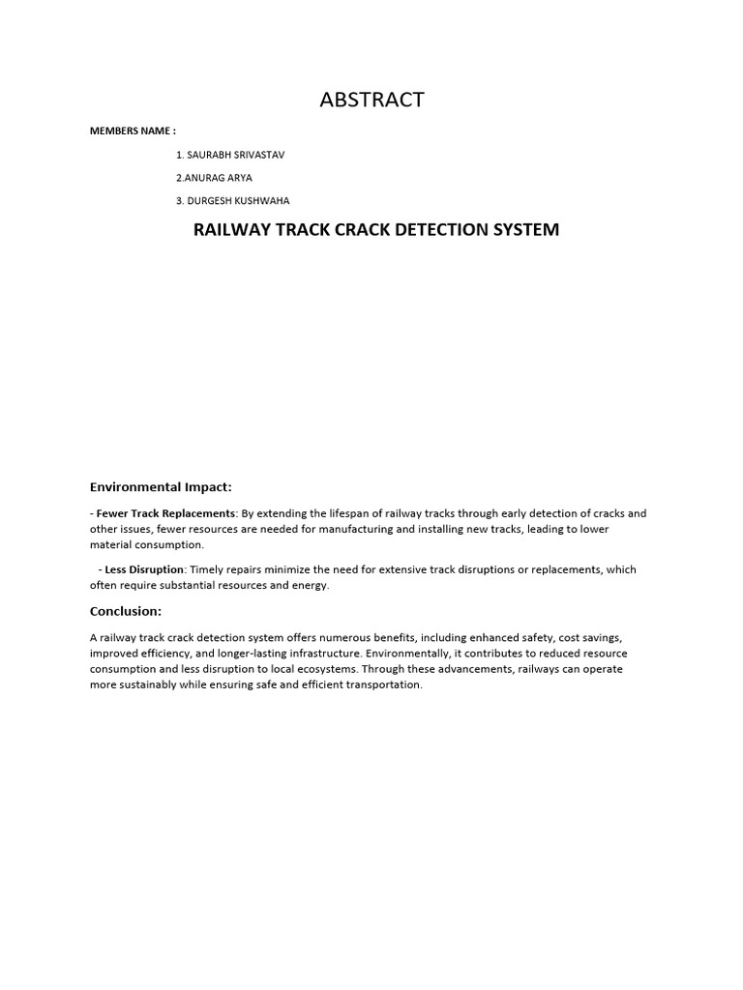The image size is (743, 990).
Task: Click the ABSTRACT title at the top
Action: coord(371,100)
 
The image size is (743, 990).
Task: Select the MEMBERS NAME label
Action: coord(133,131)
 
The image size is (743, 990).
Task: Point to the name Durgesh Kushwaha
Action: coord(232,201)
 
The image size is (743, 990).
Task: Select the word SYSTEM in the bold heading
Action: coord(523,230)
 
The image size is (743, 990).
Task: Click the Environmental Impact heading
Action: coord(161,486)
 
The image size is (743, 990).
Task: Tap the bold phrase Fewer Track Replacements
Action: coord(165,513)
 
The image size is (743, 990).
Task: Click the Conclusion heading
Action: coord(126,611)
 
